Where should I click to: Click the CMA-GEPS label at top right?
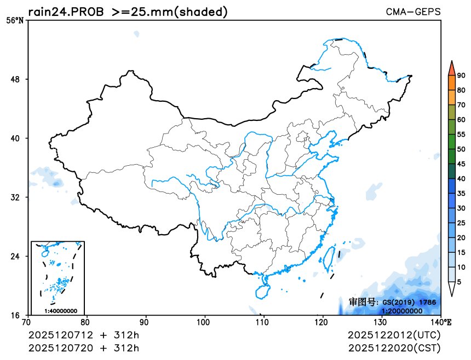413,11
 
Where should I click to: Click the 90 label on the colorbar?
461,76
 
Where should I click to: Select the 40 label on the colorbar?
461,178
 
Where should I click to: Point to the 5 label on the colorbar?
459,282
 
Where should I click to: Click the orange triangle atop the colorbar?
451,68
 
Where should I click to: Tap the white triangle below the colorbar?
451,289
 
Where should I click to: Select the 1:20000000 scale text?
401,311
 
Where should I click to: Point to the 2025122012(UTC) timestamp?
394,334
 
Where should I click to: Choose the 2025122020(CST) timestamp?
394,347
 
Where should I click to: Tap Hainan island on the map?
262,287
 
